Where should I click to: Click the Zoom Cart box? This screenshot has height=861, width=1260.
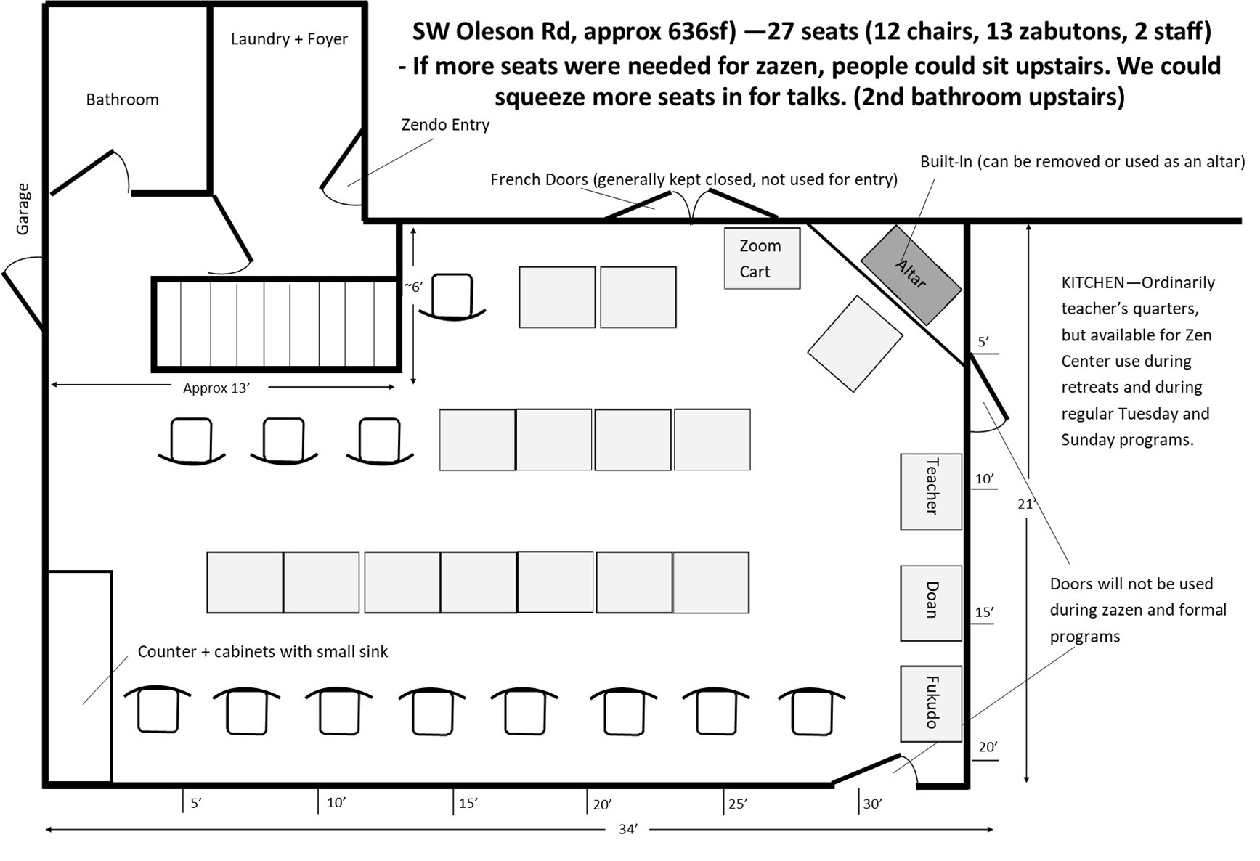coord(762,258)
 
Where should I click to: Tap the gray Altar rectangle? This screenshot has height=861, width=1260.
coord(911,274)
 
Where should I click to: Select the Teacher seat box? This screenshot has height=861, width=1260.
coord(931,491)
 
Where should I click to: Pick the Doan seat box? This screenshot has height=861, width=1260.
coord(931,603)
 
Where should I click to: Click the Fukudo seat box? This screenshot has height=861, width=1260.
coord(931,703)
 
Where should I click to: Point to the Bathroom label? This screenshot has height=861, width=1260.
coord(122,99)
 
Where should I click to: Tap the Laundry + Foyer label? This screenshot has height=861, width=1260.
coord(289,39)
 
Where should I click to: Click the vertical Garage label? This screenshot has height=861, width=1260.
coord(23,209)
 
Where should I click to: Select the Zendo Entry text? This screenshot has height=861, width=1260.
coord(445,125)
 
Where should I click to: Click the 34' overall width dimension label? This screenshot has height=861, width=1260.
coord(628,829)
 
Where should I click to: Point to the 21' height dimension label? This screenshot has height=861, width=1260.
coord(1026,504)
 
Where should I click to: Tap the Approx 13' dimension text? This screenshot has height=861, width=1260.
coord(216,388)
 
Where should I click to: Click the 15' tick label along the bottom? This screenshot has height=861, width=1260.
coord(468,804)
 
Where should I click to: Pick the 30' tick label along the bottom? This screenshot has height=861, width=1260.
coord(872,804)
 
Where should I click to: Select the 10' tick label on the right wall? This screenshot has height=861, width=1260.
coord(984,479)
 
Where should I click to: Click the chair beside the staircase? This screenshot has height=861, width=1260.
coord(452,297)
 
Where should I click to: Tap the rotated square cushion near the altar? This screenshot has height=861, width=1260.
coord(855,344)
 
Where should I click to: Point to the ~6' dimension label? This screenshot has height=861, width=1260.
coord(413,287)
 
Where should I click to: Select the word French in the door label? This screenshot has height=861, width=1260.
coord(514,179)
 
